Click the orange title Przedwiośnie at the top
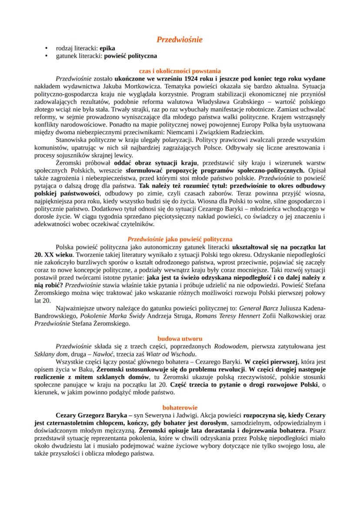180,40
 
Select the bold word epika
107,49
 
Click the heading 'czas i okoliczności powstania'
180,71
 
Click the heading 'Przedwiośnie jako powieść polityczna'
180,239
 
